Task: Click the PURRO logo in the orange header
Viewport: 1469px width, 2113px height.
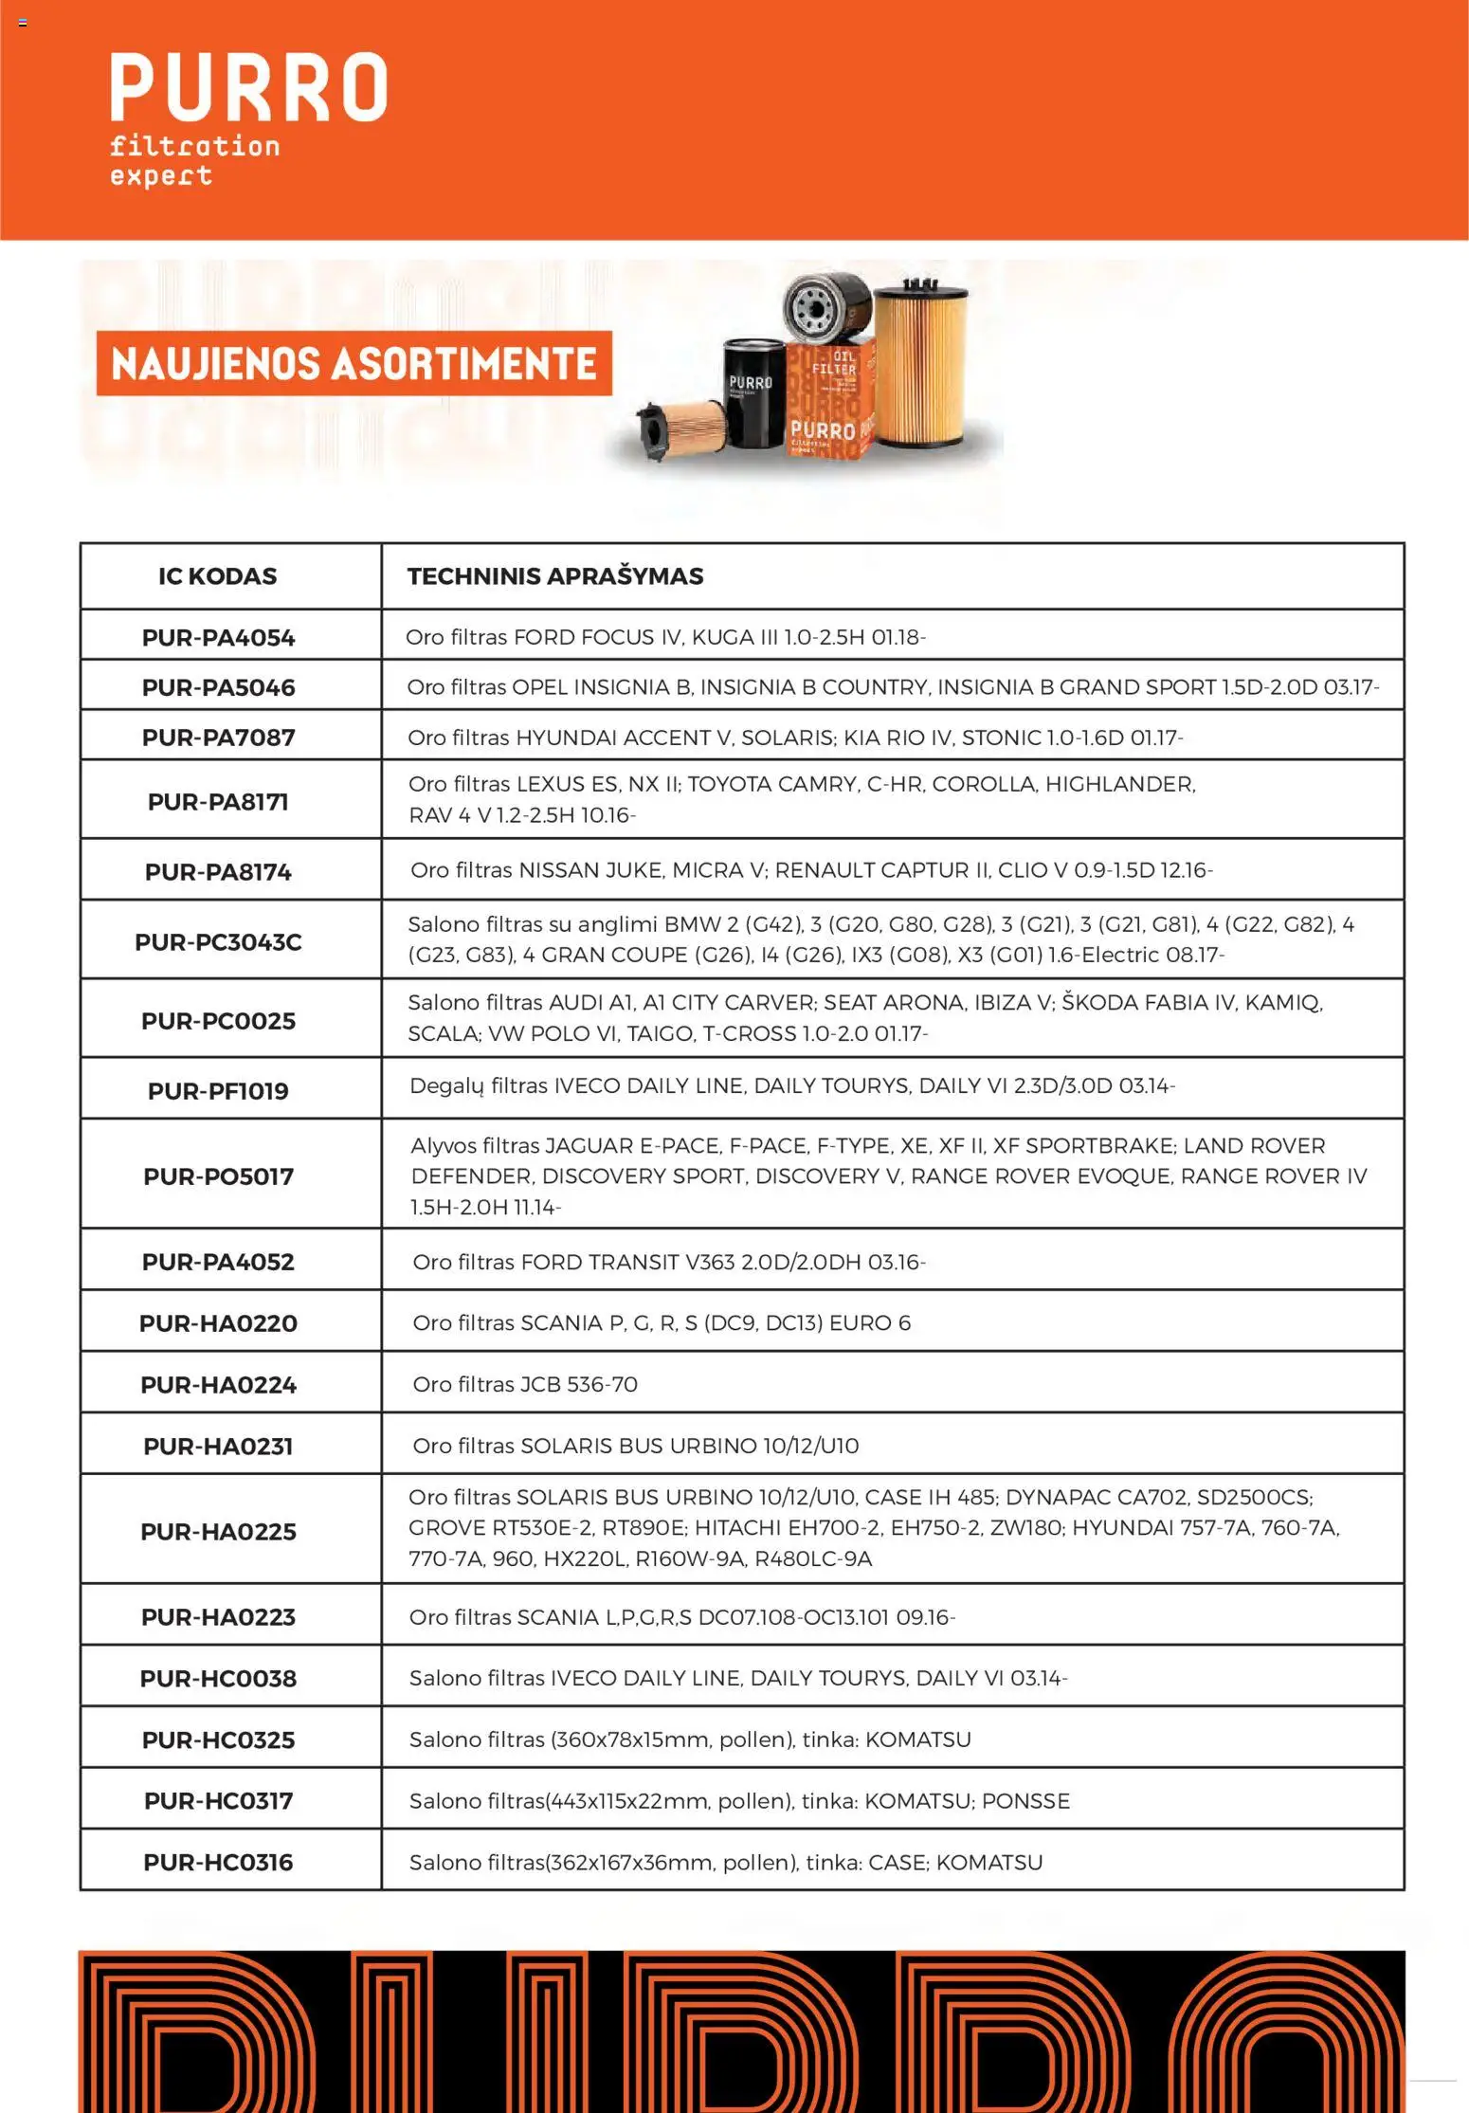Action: (248, 87)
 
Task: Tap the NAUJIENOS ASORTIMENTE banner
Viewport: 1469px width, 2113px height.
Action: (354, 364)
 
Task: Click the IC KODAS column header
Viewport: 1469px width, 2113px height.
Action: (218, 576)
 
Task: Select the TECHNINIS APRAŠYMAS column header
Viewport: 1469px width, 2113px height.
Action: (555, 576)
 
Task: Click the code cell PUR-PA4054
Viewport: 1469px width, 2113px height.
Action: (218, 638)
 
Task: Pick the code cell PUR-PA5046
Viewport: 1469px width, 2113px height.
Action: (218, 688)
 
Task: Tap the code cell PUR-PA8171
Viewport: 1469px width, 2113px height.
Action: (218, 802)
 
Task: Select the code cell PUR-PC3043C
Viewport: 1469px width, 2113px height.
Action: (218, 942)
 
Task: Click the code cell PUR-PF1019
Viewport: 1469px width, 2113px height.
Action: (218, 1091)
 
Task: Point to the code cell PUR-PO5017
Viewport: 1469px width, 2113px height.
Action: (218, 1176)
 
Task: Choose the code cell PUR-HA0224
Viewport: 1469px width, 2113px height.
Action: (218, 1385)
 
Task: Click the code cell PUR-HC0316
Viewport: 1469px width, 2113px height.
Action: (218, 1862)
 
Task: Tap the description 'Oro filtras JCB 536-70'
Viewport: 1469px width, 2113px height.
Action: (525, 1384)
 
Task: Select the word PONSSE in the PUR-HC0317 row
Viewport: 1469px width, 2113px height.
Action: (1025, 1800)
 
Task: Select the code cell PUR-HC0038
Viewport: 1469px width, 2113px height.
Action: (218, 1679)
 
